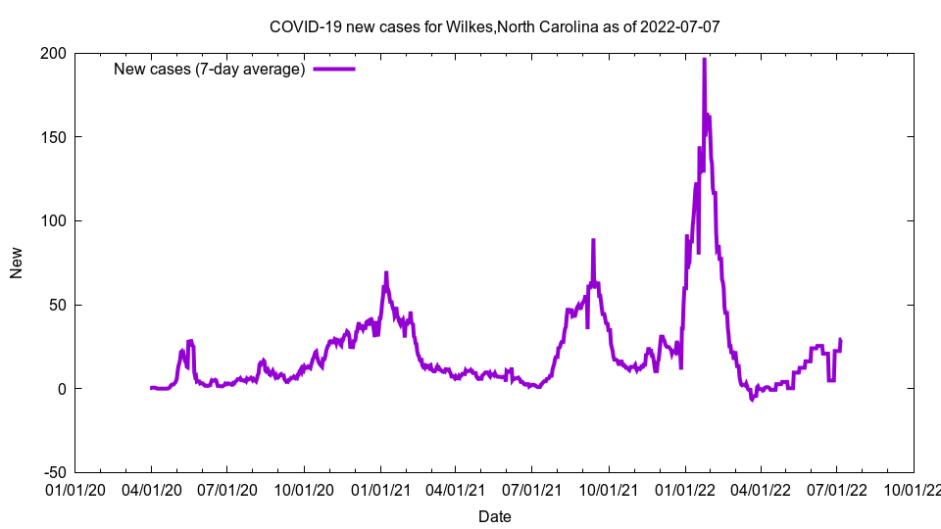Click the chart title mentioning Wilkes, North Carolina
(495, 26)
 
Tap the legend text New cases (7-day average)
(210, 69)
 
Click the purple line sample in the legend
(333, 69)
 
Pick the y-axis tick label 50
(57, 305)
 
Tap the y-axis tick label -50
(55, 472)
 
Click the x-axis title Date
(495, 516)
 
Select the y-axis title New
(17, 263)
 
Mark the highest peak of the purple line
(704, 60)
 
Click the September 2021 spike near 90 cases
(593, 240)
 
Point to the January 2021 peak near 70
(386, 273)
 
